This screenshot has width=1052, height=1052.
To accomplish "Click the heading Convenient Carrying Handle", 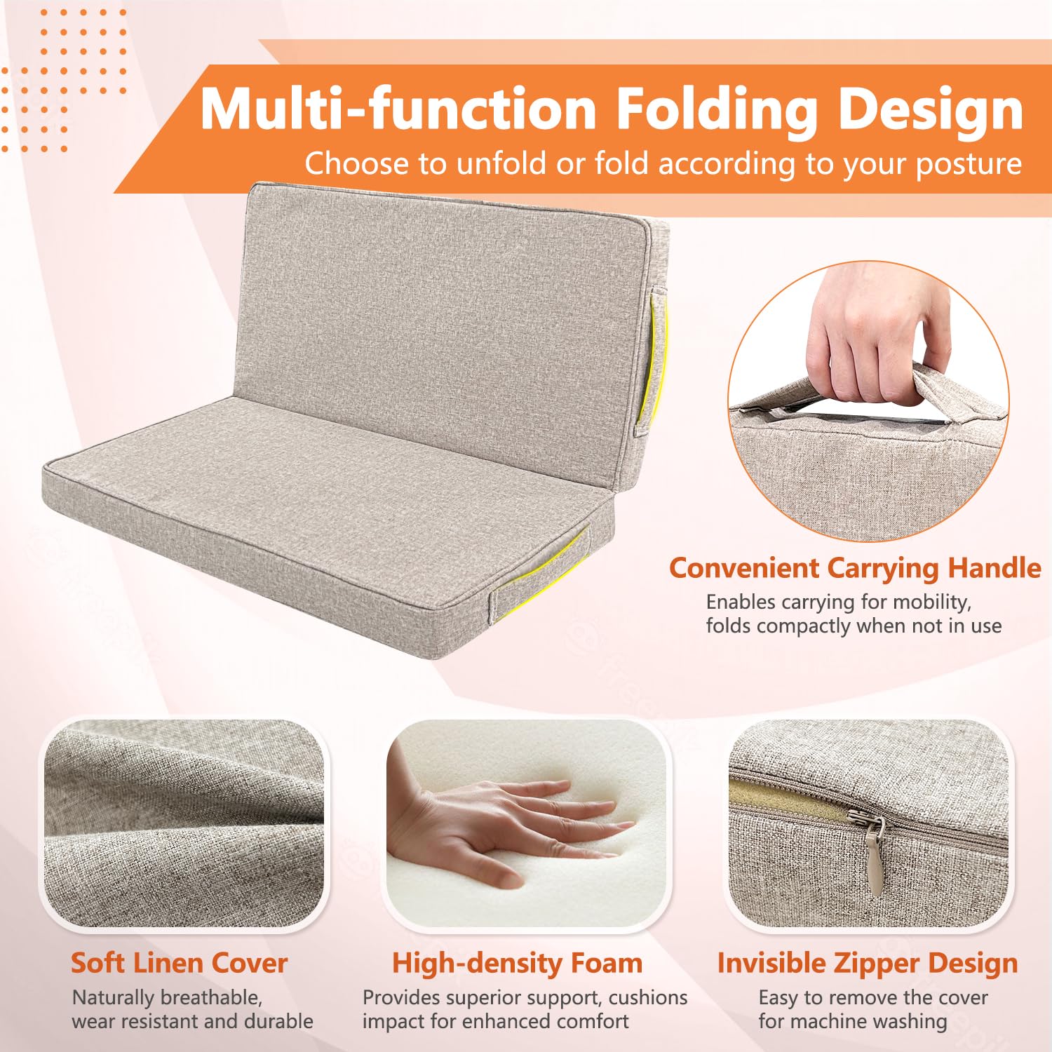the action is [x=855, y=568].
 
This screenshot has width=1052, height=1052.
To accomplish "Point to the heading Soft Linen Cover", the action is [x=179, y=963].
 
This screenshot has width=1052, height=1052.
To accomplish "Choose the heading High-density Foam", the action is [x=517, y=964].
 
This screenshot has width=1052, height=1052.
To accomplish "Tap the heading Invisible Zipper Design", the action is [x=868, y=964].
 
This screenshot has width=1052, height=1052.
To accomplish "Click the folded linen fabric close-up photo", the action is [x=184, y=823].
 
